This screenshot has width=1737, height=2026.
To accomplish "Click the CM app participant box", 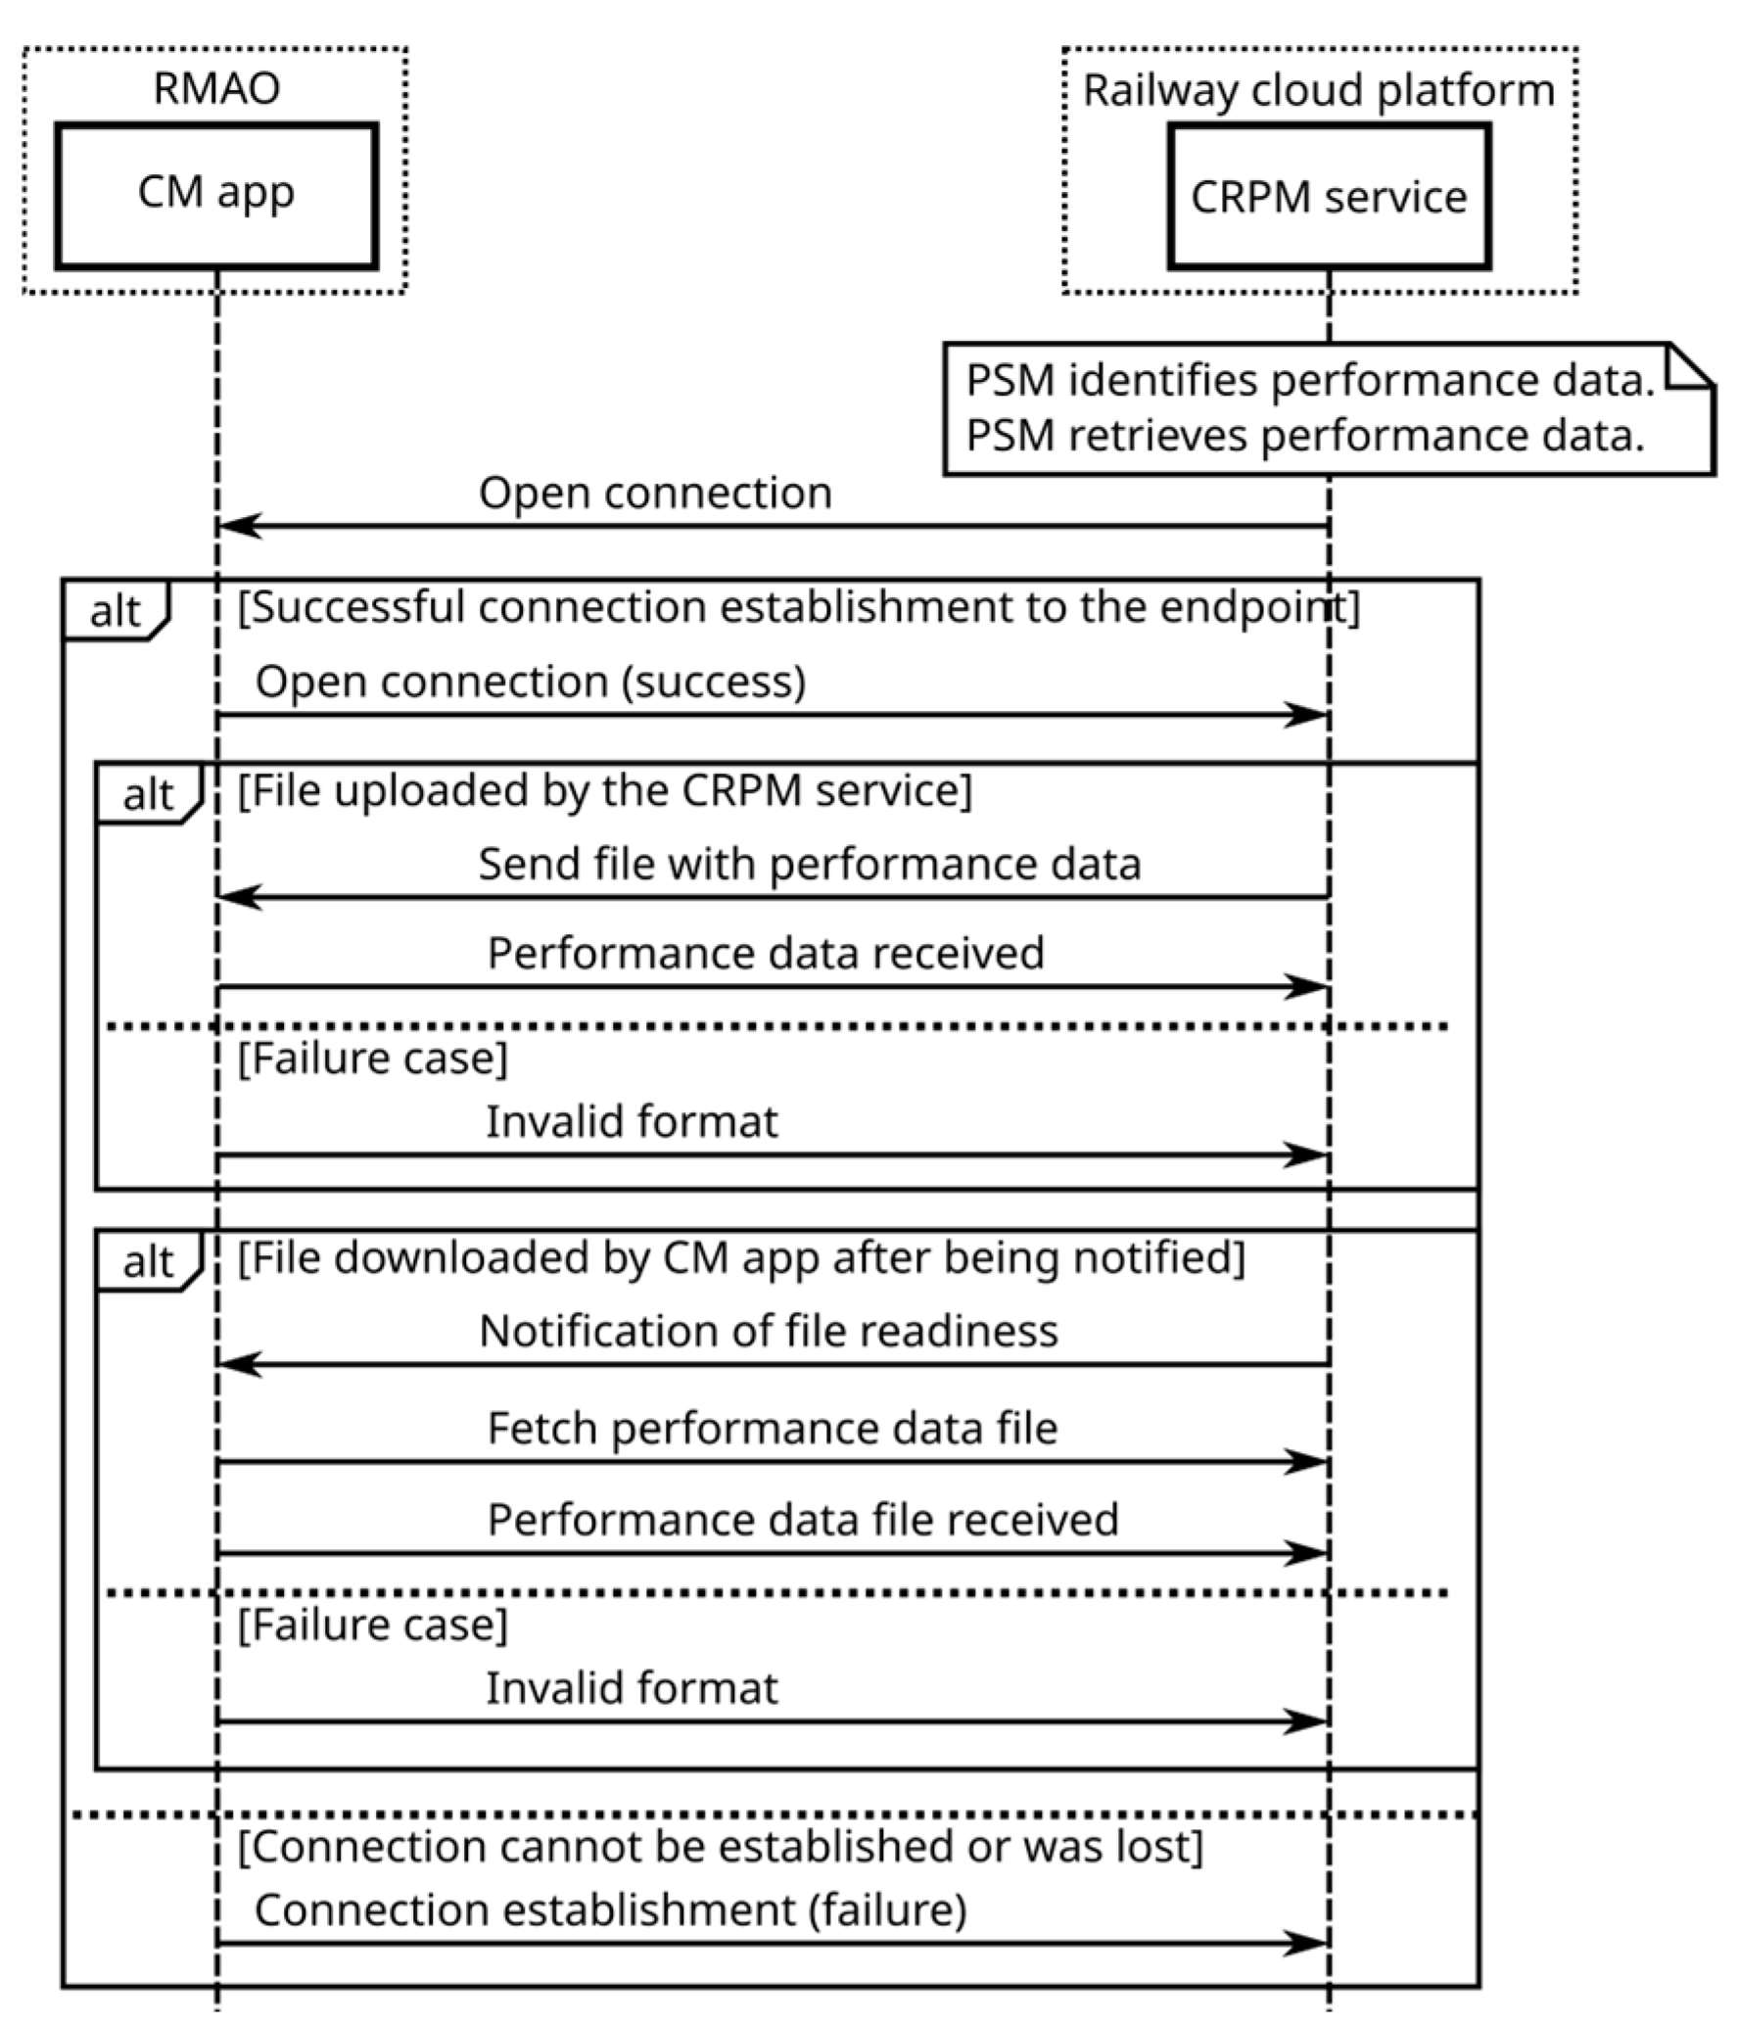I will click(x=216, y=194).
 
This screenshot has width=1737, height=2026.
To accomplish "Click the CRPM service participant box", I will click(x=1328, y=196).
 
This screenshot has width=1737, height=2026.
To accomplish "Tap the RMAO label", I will click(x=216, y=89).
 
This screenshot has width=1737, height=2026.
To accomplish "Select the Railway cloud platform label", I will click(x=1318, y=91).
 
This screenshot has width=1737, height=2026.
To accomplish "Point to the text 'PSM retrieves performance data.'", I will click(x=1304, y=436).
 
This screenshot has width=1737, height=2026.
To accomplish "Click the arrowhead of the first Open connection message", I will click(x=238, y=526).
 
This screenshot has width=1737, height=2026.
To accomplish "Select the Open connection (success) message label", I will click(x=531, y=682).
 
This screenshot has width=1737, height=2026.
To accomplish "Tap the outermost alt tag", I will click(x=115, y=611).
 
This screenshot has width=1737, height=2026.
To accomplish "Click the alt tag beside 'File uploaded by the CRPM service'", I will click(x=148, y=794).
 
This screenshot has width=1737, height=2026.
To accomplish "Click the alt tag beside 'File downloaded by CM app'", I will click(x=148, y=1262).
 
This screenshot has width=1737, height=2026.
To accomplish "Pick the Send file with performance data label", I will click(x=809, y=865).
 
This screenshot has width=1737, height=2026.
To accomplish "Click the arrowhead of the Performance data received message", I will click(x=1306, y=987).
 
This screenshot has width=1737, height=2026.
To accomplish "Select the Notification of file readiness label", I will click(x=769, y=1332).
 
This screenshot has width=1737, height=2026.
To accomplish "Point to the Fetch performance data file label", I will click(x=773, y=1429).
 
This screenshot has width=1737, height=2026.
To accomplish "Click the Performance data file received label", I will click(x=803, y=1520).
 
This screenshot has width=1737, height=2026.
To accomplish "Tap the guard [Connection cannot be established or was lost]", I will click(x=720, y=1846).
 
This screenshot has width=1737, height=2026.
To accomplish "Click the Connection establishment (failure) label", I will click(x=610, y=1910).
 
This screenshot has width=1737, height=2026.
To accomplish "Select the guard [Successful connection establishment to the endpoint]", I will click(x=798, y=607).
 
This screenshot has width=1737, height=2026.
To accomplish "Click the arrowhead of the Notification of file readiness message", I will click(x=238, y=1364).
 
